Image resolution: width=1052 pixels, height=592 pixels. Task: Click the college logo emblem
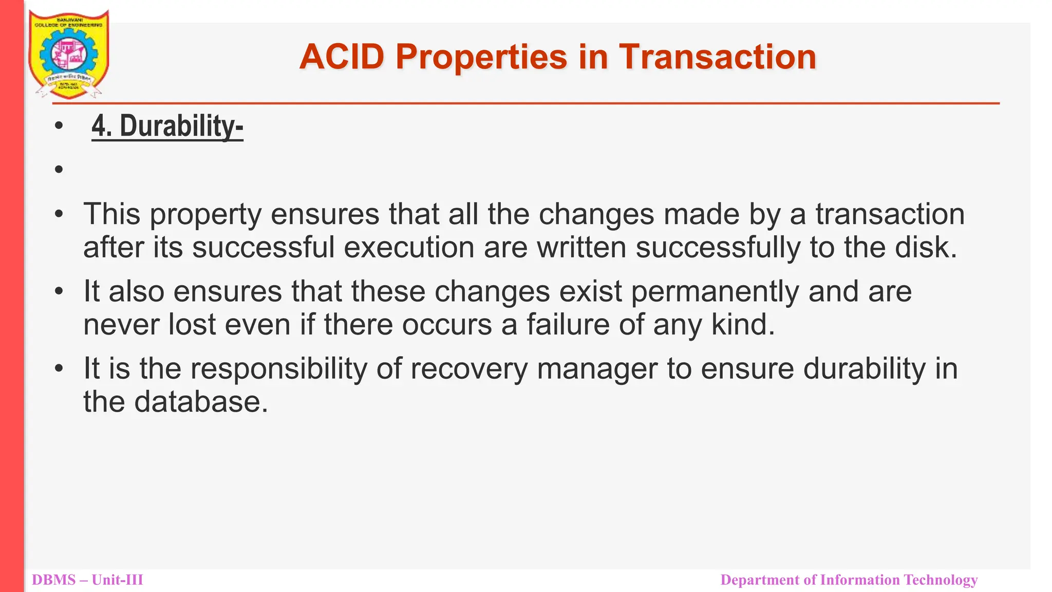(x=69, y=54)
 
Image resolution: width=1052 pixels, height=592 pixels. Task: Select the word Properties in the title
(x=481, y=57)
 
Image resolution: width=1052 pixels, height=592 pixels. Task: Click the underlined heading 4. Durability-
(x=167, y=126)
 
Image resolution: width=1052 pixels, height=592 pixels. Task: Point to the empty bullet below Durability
(x=59, y=169)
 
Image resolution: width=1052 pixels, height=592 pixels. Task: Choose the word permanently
(x=715, y=291)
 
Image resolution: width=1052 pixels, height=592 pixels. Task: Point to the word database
(x=201, y=402)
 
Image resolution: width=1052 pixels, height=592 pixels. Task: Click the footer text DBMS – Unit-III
(x=87, y=580)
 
